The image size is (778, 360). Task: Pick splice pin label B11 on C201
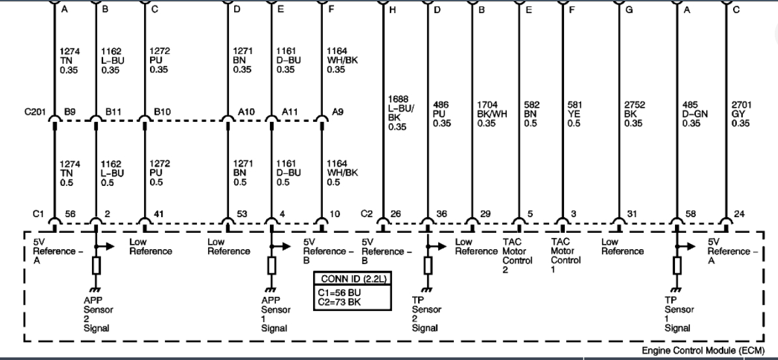(114, 112)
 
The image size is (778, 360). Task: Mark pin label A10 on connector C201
(246, 112)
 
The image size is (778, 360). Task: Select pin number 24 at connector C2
(738, 213)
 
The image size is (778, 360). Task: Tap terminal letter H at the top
(393, 10)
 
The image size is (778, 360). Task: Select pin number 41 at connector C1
(158, 213)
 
